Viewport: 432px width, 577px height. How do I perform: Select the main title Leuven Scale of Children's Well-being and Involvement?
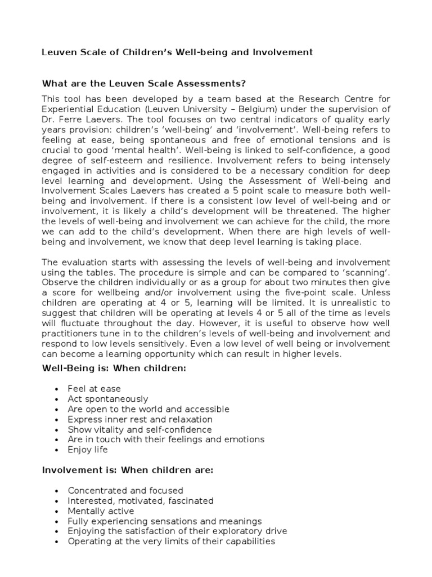tap(177, 52)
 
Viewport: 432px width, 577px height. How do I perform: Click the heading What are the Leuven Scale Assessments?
tap(145, 84)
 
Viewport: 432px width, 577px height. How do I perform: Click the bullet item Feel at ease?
tap(94, 389)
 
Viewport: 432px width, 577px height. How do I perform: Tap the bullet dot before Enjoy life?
tap(57, 450)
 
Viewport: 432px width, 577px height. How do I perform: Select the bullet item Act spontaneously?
tap(108, 399)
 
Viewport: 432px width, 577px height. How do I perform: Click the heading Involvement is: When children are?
tap(128, 471)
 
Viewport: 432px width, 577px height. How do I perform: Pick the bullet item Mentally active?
tap(101, 511)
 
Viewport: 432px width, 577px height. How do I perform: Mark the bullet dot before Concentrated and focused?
tap(57, 491)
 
